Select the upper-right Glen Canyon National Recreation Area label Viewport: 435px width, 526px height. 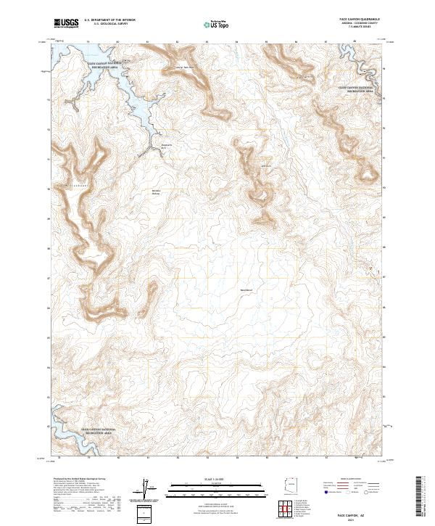click(357, 89)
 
